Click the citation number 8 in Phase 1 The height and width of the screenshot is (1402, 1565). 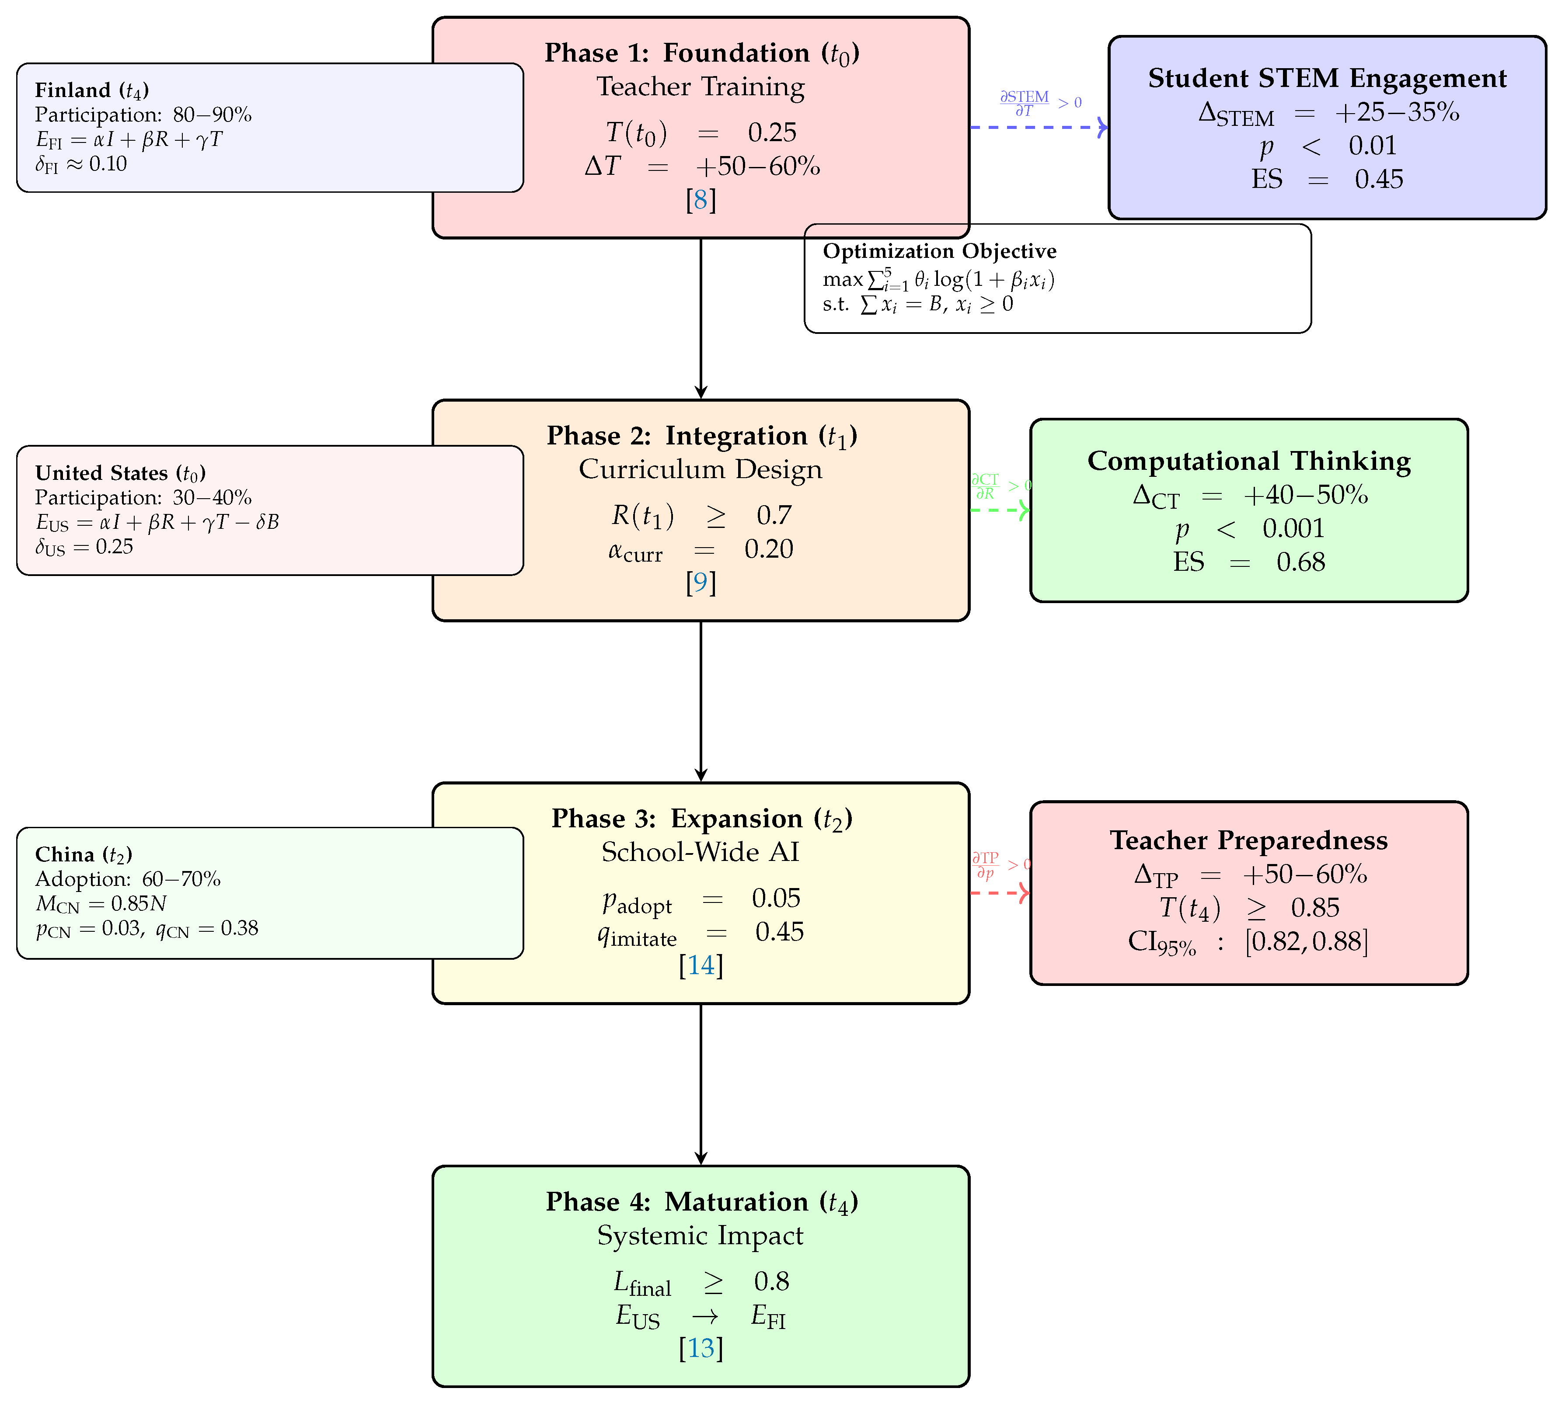point(701,200)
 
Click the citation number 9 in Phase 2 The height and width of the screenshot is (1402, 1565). point(701,583)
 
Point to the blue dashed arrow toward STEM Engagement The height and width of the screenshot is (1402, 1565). point(1036,127)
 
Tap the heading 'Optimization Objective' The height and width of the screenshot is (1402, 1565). point(939,251)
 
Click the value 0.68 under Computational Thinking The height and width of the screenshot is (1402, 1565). point(1301,562)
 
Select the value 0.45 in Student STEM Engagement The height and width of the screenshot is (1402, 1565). point(1379,180)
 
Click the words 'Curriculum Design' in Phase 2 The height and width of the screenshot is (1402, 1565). point(701,469)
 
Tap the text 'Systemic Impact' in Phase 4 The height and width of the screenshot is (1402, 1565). point(701,1235)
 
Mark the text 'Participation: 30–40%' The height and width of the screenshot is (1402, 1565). point(143,498)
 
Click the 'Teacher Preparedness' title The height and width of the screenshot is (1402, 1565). point(1248,840)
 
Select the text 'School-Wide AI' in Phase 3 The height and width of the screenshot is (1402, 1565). point(701,852)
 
